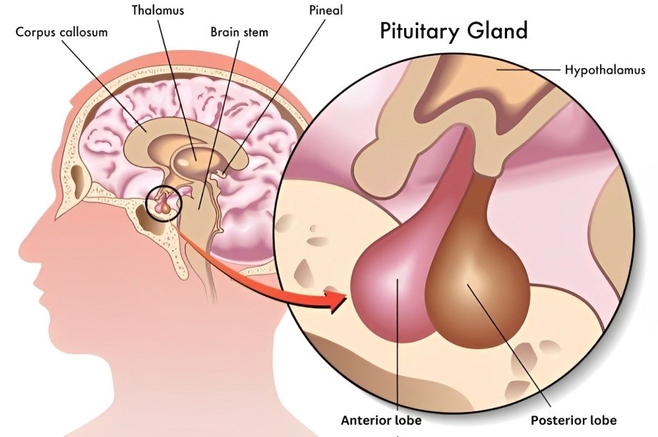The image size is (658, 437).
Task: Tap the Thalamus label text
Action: coord(157,11)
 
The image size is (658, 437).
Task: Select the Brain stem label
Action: coord(240,33)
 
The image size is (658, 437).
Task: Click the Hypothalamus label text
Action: coord(604,70)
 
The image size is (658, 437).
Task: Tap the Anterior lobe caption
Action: coord(381,420)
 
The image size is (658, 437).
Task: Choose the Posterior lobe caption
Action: coord(573,420)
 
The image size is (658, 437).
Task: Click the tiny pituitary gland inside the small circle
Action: coord(165,204)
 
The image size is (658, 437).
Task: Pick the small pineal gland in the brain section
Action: coord(225,171)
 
